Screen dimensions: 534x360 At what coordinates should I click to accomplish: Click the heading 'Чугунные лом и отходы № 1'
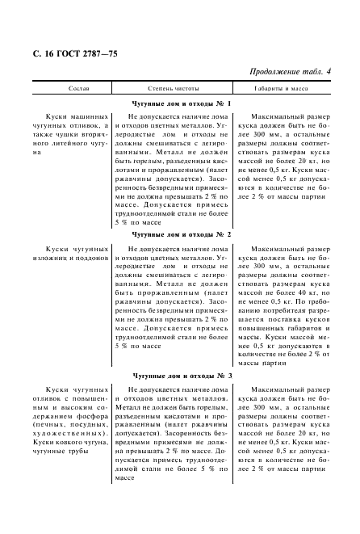(181, 104)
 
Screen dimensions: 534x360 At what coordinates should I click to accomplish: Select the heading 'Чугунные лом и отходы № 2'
(181, 234)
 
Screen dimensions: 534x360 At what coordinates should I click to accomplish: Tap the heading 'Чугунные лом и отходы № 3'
(181, 376)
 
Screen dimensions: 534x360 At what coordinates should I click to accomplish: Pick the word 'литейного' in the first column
(61, 143)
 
